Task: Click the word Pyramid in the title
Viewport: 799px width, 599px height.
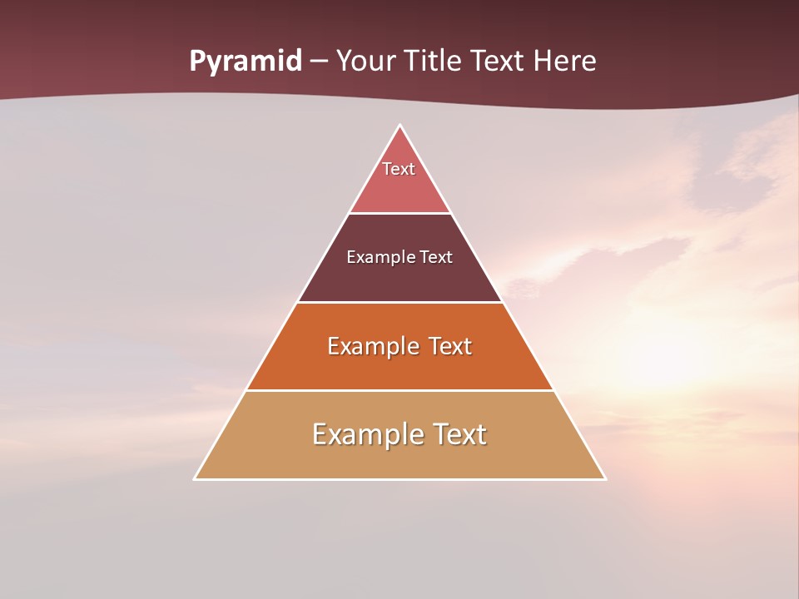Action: [245, 62]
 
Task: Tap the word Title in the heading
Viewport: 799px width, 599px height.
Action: [434, 62]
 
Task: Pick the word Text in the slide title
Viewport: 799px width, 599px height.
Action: [498, 62]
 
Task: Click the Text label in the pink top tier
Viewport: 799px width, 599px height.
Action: [399, 169]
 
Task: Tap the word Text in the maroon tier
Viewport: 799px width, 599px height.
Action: [436, 257]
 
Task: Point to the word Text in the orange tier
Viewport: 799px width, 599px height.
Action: [450, 346]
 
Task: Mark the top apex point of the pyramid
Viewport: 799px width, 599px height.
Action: [400, 126]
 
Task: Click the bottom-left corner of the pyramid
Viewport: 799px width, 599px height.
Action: [196, 478]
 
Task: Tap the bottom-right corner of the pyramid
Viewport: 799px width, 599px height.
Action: [604, 478]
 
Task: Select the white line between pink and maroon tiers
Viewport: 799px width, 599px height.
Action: [400, 213]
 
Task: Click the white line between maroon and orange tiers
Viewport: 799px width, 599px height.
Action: [400, 302]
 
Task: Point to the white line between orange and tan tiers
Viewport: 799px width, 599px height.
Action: [400, 390]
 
